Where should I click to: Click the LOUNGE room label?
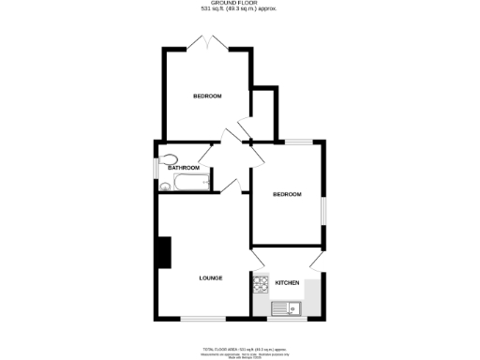point(209,278)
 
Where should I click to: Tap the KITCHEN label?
point(287,282)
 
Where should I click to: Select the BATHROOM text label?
point(184,168)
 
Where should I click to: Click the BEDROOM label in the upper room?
point(207,97)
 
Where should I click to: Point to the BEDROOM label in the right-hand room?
point(287,194)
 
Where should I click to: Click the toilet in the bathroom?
point(170,157)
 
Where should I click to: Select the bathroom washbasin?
point(165,186)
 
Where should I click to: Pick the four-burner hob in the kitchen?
point(260,282)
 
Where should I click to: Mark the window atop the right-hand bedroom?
point(299,141)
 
